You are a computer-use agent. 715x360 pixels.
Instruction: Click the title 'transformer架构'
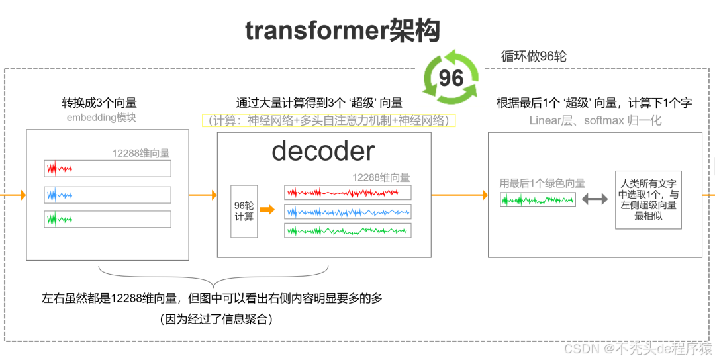click(x=342, y=30)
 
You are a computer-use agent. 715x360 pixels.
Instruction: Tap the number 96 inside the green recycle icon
click(x=451, y=78)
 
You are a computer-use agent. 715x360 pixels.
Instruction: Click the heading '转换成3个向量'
click(x=99, y=103)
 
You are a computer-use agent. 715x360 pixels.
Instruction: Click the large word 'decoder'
click(x=323, y=152)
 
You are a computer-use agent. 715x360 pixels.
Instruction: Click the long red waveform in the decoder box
click(x=347, y=192)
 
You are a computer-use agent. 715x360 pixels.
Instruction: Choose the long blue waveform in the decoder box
click(x=347, y=211)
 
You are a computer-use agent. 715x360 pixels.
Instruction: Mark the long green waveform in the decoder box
click(x=347, y=230)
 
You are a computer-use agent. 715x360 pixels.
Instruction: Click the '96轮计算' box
click(x=244, y=210)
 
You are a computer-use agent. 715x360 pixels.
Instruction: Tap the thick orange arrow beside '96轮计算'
click(x=267, y=210)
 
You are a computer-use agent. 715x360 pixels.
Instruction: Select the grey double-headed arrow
click(x=594, y=199)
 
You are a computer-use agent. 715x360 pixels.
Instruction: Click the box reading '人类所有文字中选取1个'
click(x=647, y=199)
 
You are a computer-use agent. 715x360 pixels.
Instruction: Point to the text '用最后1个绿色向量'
click(x=542, y=183)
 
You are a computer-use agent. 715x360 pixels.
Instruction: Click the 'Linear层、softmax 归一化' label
click(x=595, y=120)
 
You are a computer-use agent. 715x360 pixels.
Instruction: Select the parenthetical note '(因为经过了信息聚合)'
click(x=216, y=319)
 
